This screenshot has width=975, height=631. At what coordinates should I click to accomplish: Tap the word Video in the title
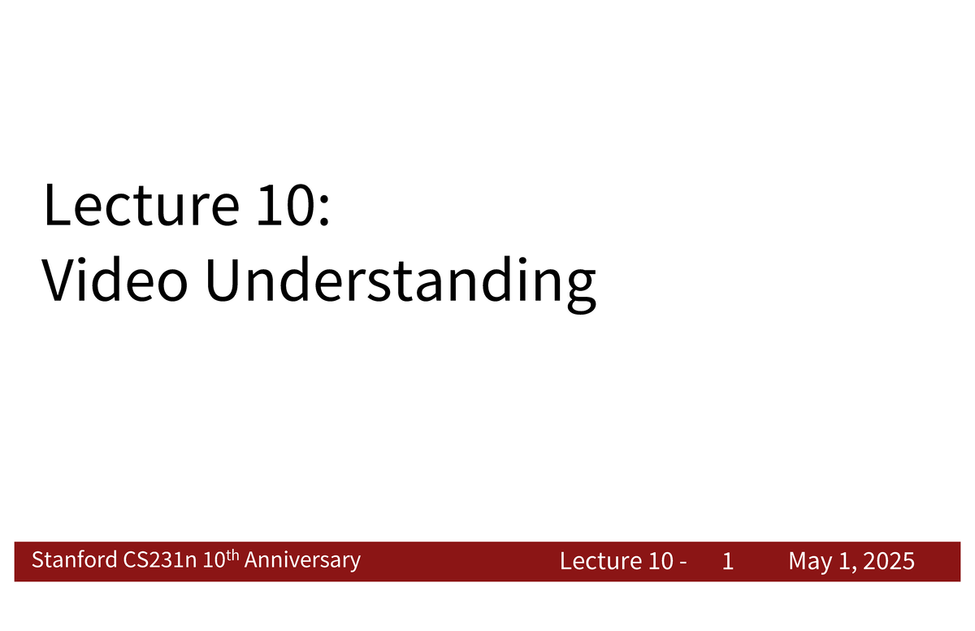[x=110, y=281]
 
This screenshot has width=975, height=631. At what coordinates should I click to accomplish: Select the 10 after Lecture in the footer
[x=656, y=561]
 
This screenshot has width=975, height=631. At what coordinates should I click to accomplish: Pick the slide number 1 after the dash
[x=728, y=561]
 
